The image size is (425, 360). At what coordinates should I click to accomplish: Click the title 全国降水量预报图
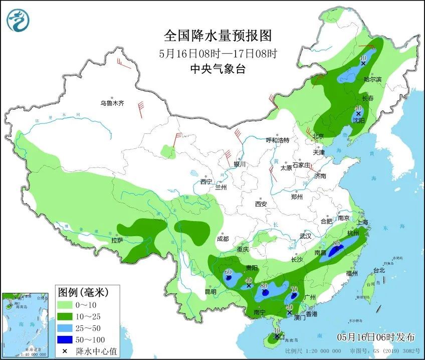tap(218, 36)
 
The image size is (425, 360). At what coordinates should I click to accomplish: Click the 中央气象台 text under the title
tap(218, 70)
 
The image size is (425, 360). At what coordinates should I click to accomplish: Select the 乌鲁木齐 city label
tap(111, 103)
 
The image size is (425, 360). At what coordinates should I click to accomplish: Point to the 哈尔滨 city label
tap(373, 79)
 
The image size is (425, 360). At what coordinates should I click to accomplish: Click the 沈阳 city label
tap(358, 120)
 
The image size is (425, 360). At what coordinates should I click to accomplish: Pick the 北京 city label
tap(318, 136)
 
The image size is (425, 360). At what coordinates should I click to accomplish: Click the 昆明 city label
tap(210, 291)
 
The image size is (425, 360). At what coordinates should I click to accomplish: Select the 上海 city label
tap(362, 222)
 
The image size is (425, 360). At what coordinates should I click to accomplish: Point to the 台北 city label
tap(379, 270)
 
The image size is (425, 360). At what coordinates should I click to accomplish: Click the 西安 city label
tap(261, 204)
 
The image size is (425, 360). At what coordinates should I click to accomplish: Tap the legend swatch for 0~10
tap(66, 304)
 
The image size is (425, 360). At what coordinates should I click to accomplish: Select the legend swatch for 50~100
tap(66, 339)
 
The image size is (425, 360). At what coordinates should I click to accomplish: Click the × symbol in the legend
tap(66, 350)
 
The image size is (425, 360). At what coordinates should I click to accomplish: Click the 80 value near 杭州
tap(337, 243)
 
